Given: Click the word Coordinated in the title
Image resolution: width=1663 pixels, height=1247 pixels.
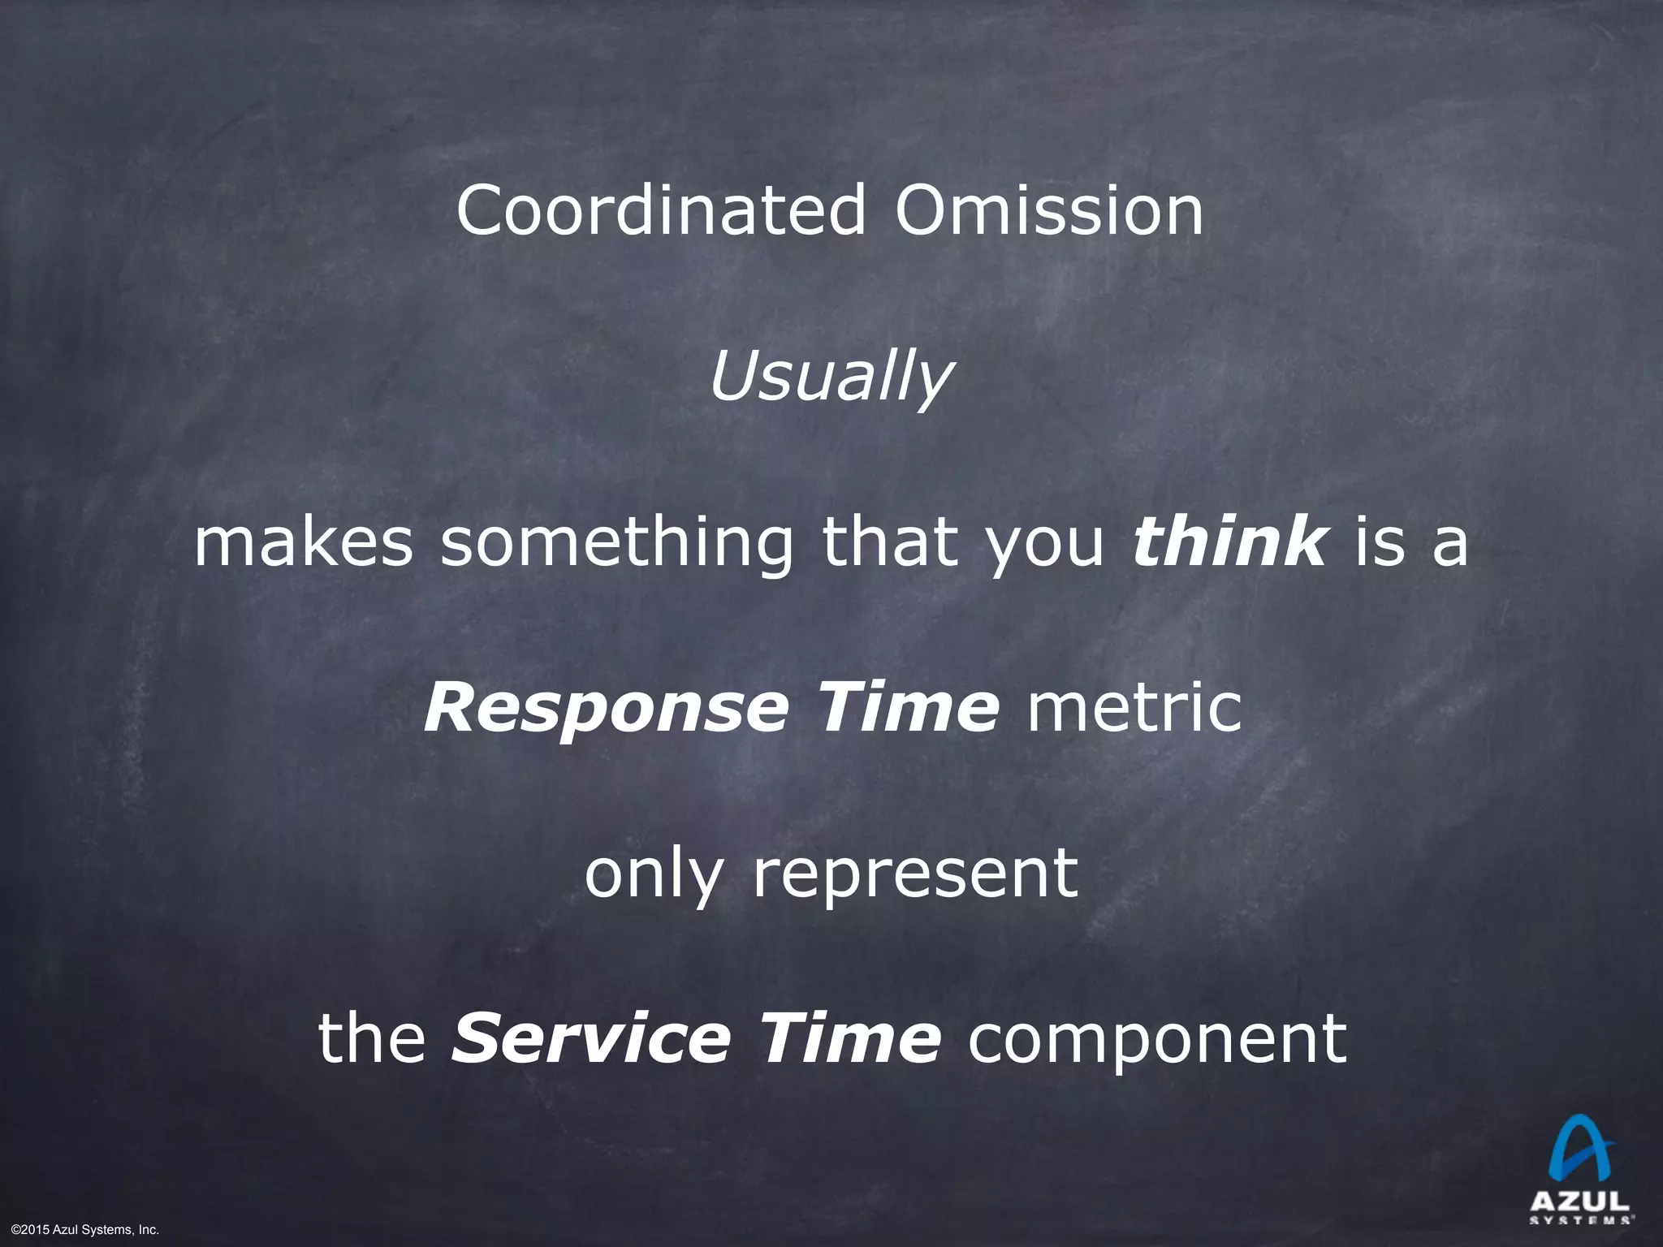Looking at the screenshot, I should point(661,211).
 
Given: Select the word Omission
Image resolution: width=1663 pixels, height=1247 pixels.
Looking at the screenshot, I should point(1049,211).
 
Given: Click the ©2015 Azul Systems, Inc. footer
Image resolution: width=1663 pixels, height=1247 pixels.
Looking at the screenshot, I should point(84,1231).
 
